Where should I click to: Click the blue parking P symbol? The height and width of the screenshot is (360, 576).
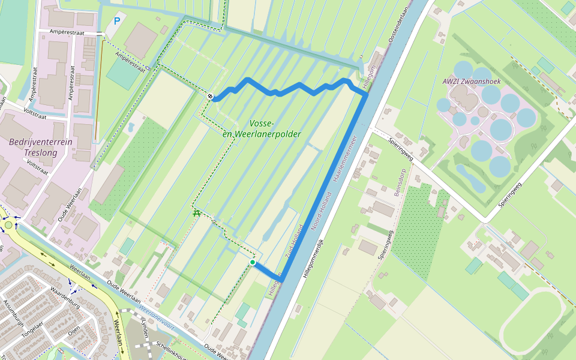click(x=117, y=21)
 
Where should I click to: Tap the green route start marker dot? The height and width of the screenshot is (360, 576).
click(x=253, y=262)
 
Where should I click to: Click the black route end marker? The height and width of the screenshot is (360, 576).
click(x=211, y=97)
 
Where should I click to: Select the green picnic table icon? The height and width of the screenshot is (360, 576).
click(x=196, y=212)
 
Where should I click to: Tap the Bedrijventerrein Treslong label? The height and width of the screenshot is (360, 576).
click(x=40, y=148)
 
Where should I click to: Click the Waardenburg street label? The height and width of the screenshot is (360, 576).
click(x=65, y=299)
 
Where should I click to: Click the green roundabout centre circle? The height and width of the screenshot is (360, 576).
click(x=8, y=225)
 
